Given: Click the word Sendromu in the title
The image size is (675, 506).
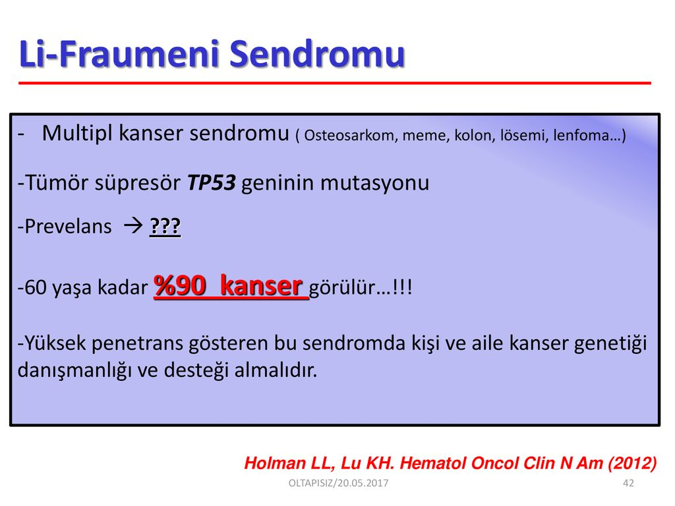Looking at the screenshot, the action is click(x=317, y=54).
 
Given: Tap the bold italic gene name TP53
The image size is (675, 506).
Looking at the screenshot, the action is click(x=212, y=183).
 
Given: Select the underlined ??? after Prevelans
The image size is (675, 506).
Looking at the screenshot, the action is click(x=165, y=227).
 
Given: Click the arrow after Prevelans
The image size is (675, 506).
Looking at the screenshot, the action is click(x=132, y=225).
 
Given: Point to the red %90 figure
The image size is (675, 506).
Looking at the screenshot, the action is click(x=180, y=286).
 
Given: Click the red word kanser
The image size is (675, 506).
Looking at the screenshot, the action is click(x=261, y=286).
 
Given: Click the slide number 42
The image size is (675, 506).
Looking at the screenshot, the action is click(x=628, y=483).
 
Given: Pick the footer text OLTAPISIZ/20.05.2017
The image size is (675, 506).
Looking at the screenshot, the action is click(x=338, y=483).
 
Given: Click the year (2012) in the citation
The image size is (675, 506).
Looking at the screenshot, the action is click(x=632, y=463).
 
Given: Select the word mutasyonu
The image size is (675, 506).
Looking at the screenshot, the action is click(x=374, y=183).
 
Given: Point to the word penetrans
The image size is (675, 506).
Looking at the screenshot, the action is click(x=137, y=344).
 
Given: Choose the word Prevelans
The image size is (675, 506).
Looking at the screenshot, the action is click(x=68, y=227).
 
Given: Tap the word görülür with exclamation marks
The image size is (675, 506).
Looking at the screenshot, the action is click(x=361, y=287).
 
